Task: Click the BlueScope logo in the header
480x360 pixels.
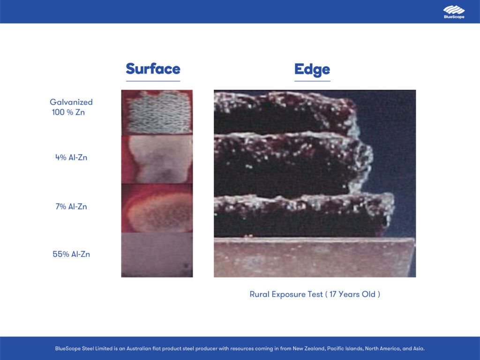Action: [454, 12]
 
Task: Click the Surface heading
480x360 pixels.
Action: [153, 69]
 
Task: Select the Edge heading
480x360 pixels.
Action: [312, 70]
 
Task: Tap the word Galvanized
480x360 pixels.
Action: [71, 102]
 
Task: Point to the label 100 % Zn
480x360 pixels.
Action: [68, 112]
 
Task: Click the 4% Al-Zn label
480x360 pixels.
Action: [71, 157]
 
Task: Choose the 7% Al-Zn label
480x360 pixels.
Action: [71, 207]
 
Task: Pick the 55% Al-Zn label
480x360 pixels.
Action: [71, 255]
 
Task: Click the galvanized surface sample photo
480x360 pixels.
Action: [157, 112]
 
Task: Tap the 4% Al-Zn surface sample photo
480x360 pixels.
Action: [157, 159]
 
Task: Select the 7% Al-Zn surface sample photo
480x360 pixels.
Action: [157, 208]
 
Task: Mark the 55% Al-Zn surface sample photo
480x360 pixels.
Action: [157, 255]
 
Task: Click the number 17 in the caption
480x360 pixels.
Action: [333, 294]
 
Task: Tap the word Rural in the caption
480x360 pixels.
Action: [260, 294]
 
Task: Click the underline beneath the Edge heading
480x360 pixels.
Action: [312, 81]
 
